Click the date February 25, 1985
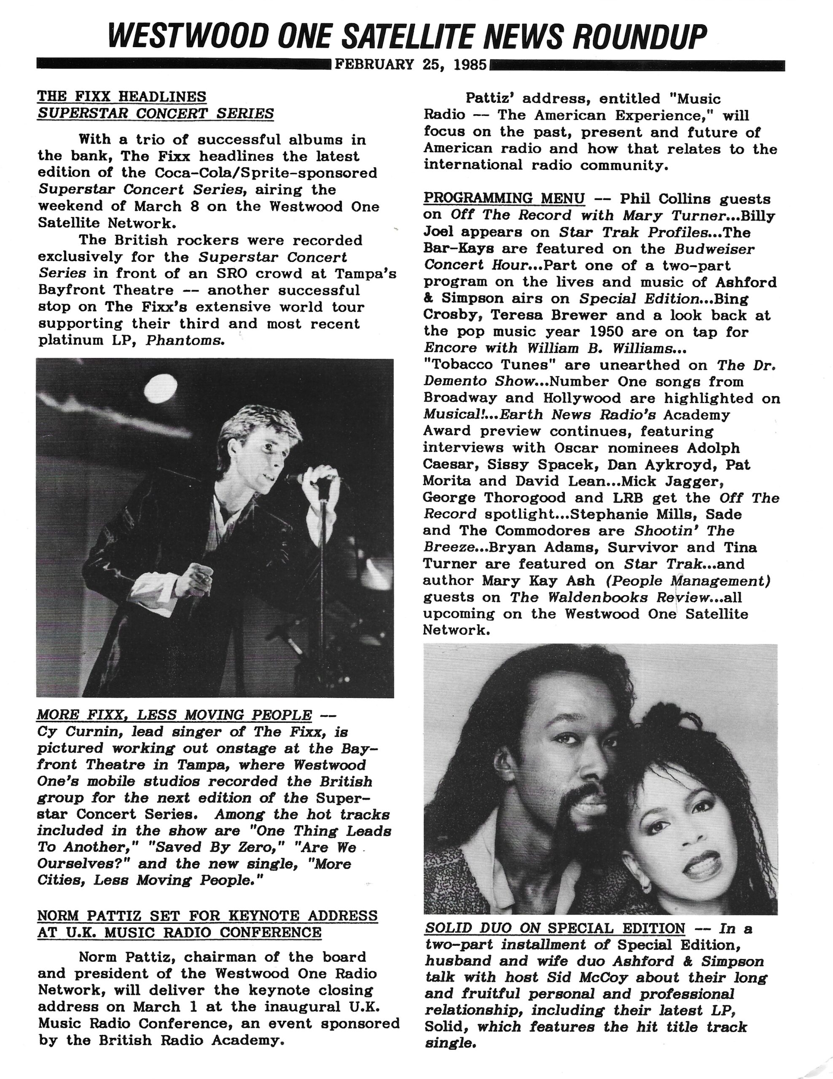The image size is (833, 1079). pos(411,65)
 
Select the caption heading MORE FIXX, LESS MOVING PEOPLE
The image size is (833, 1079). pos(175,715)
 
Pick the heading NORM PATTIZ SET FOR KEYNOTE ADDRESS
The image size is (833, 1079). pos(207,915)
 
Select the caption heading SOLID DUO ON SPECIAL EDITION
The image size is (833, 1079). pos(555,928)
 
